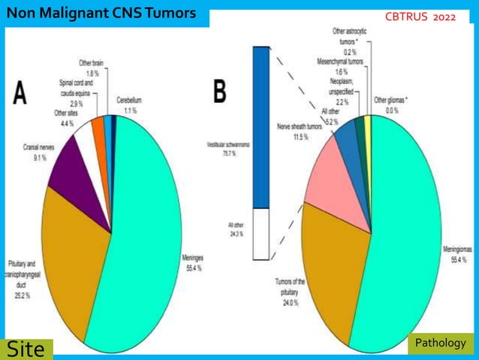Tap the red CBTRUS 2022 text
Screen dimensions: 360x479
pos(426,17)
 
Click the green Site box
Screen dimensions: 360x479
pos(27,349)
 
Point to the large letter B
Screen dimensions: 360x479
pos(220,92)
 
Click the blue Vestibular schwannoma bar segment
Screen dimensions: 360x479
pos(261,128)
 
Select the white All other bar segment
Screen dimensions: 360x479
pos(261,233)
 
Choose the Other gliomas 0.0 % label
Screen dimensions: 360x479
pos(390,105)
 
